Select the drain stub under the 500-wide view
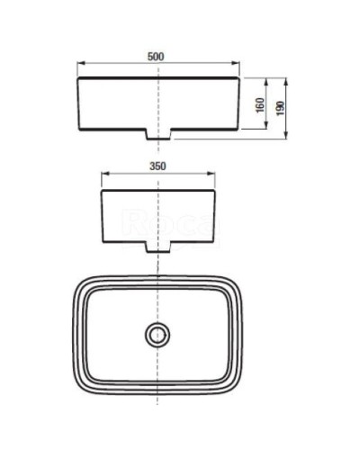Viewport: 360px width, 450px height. pyautogui.click(x=159, y=134)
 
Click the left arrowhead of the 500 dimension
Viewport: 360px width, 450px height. pyautogui.click(x=79, y=64)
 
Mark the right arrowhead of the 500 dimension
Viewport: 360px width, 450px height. pyautogui.click(x=241, y=64)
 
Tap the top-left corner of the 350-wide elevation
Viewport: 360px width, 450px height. pyautogui.click(x=102, y=189)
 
